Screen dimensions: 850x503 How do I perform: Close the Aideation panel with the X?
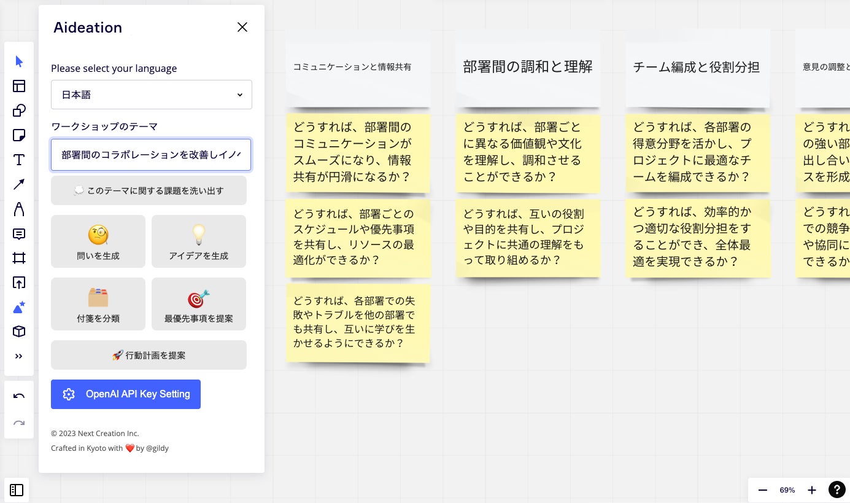tap(242, 27)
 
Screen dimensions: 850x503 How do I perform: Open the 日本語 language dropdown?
tap(151, 95)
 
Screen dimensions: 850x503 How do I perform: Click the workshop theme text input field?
tap(151, 155)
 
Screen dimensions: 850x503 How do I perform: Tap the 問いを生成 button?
tap(98, 241)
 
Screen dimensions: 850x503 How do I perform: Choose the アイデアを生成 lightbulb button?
tap(199, 241)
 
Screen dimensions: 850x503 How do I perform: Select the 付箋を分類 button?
tap(98, 304)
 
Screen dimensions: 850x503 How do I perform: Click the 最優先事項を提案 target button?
tap(199, 304)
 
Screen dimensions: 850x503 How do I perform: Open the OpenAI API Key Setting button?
tap(126, 394)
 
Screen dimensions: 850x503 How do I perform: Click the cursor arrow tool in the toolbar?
tap(19, 61)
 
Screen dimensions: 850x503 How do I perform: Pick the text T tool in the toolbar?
tap(19, 160)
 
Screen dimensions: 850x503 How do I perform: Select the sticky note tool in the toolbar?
tap(19, 135)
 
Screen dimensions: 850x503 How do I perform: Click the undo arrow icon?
tap(19, 396)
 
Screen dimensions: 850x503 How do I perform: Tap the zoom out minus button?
tap(763, 490)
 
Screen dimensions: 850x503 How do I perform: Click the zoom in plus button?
tap(812, 490)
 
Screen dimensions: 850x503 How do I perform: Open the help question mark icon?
tap(836, 489)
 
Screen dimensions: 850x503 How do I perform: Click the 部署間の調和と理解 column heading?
tap(528, 67)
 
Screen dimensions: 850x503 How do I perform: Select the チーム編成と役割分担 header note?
tap(697, 67)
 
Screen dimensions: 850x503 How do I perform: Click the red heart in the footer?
tap(129, 448)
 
